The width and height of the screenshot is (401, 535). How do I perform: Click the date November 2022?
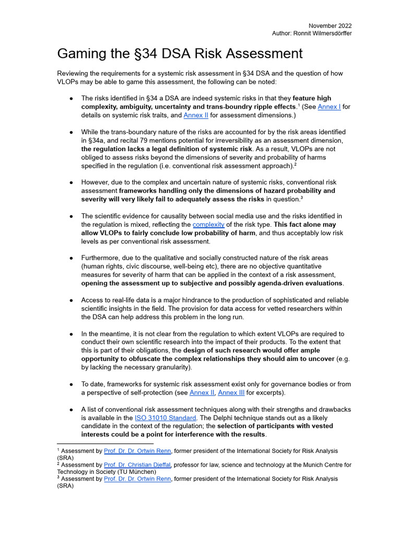point(330,26)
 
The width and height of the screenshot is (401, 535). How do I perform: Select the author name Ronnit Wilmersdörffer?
point(322,33)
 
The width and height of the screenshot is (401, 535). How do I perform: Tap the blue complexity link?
point(208,225)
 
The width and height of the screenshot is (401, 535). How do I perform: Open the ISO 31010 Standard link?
point(166,417)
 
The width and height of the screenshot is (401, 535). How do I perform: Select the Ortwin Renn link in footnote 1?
point(137,450)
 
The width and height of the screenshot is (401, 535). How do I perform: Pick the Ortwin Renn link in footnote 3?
point(137,479)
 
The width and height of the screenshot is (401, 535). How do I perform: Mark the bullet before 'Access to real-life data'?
point(71,300)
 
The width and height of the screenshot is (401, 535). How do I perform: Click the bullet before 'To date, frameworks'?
point(71,384)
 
